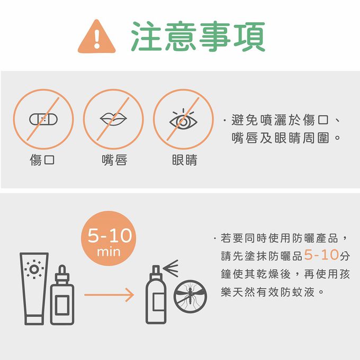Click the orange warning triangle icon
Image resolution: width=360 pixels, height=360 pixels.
pyautogui.click(x=97, y=37)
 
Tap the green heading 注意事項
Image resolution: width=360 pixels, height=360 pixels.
pyautogui.click(x=198, y=37)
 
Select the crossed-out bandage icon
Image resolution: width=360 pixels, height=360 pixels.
pyautogui.click(x=43, y=119)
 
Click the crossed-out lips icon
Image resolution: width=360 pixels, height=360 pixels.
pyautogui.click(x=113, y=119)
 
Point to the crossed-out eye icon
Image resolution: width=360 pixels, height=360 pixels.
pyautogui.click(x=183, y=119)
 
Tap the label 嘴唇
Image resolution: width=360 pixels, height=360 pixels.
pyautogui.click(x=114, y=160)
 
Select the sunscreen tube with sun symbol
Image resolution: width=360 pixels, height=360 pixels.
pyautogui.click(x=34, y=289)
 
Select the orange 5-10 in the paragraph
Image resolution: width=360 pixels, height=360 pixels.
pyautogui.click(x=321, y=255)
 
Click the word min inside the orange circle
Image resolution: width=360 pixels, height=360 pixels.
pyautogui.click(x=109, y=252)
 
